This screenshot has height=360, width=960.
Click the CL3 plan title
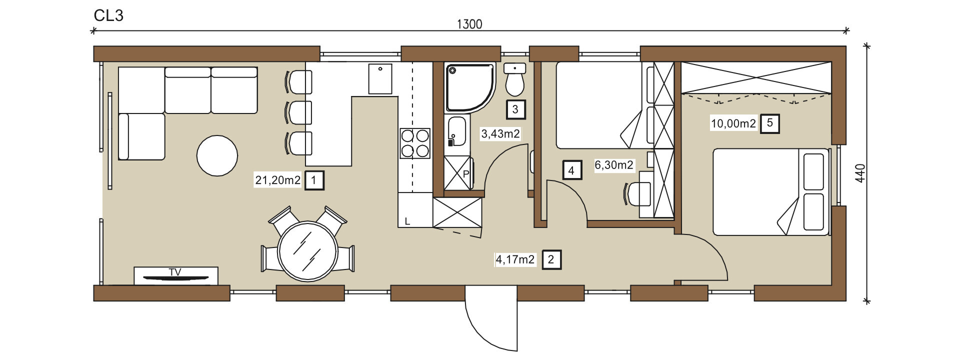coord(108,15)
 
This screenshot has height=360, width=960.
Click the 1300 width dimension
coord(469,24)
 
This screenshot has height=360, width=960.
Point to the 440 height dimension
coord(860,173)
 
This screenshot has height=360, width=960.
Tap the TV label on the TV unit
coord(175,272)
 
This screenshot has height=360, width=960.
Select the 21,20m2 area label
coord(278,180)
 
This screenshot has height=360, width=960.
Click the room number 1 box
coord(314,180)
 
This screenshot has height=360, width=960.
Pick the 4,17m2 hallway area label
coord(515,259)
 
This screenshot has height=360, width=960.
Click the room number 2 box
coord(551,259)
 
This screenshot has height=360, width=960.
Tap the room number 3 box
coord(515,109)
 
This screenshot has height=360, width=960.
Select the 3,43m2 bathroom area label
coord(500,134)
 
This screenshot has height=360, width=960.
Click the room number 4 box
coord(571,170)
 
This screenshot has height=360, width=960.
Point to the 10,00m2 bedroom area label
coord(733,123)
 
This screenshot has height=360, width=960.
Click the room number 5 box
coord(770,123)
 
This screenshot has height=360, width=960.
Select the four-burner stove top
coord(415,143)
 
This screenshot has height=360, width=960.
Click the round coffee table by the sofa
coord(217,155)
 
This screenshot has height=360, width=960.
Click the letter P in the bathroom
coord(466,174)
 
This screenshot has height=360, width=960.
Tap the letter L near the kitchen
coord(407,221)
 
